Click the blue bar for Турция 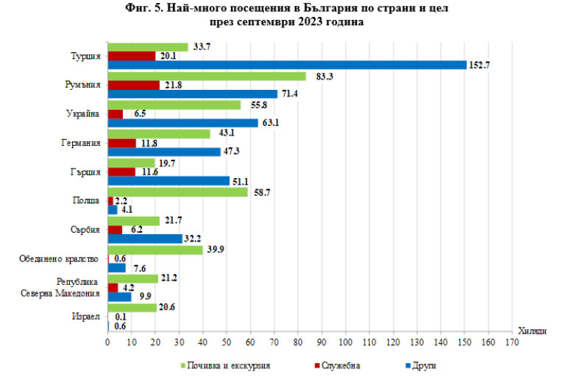287,65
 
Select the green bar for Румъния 207,75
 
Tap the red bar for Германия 122,142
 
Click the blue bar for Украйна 183,123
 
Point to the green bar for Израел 132,306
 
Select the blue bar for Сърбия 146,239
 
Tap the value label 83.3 318,75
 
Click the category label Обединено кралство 57,258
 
